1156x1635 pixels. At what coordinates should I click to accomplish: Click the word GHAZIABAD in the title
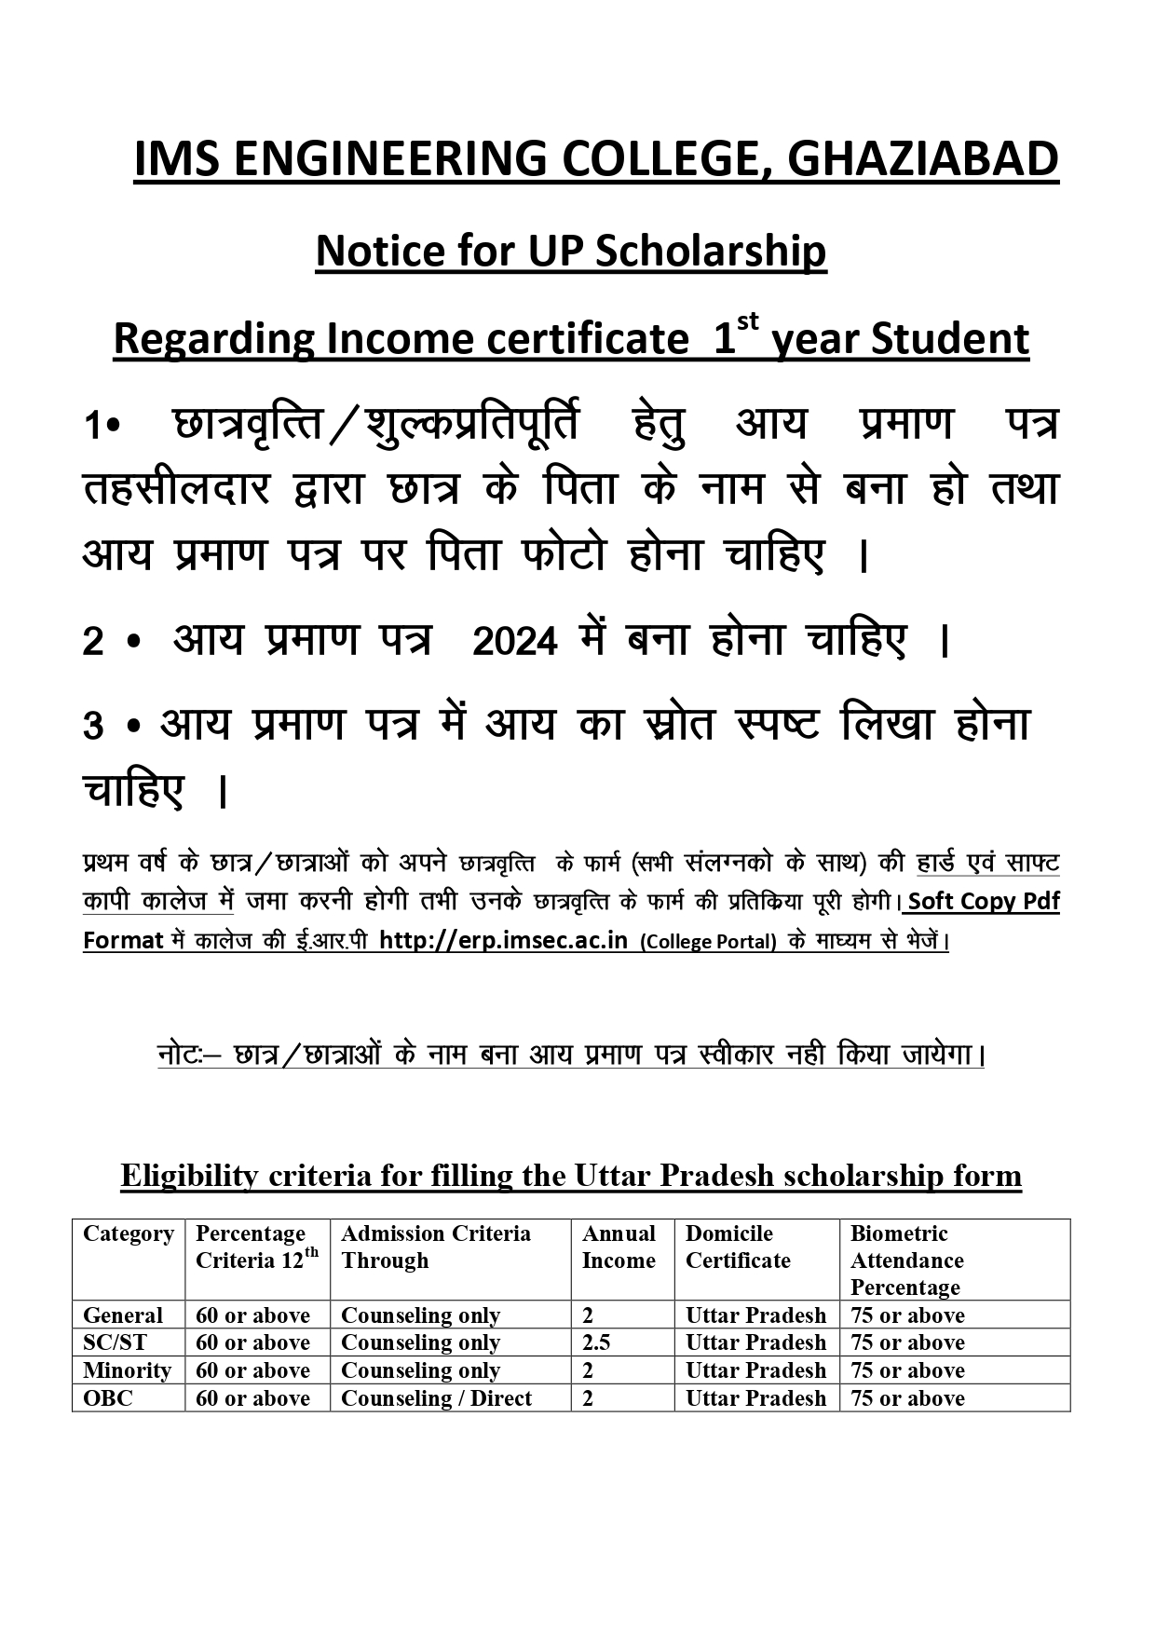[922, 159]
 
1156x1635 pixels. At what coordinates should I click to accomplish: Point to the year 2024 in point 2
[515, 642]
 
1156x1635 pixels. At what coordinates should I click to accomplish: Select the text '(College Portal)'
[708, 941]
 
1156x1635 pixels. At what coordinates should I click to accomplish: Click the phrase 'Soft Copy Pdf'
[984, 901]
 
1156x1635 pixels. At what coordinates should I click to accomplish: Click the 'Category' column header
[128, 1233]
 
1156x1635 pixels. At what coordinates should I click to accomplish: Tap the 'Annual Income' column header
[619, 1247]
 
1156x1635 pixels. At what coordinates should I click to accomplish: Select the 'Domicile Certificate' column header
[738, 1247]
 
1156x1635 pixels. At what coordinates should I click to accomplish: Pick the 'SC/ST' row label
[115, 1342]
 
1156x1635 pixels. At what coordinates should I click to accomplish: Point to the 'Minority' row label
[127, 1370]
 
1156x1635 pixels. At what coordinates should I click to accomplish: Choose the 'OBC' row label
[108, 1398]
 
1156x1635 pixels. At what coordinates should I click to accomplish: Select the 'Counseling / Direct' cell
[436, 1398]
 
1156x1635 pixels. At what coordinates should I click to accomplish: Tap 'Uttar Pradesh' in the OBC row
[755, 1398]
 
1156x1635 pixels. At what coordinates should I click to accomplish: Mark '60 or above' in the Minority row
[252, 1370]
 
